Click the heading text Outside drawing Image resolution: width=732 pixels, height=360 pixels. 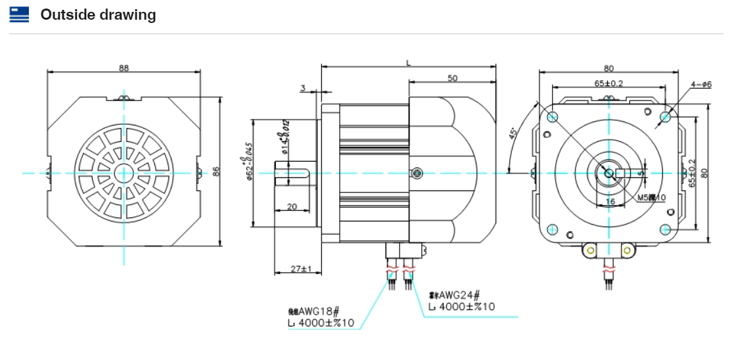(x=98, y=14)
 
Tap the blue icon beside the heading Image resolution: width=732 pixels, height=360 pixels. (x=20, y=14)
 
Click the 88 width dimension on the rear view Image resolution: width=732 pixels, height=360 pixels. (x=124, y=67)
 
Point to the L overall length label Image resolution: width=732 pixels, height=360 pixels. (x=408, y=62)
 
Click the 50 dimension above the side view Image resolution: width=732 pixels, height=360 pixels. (x=452, y=78)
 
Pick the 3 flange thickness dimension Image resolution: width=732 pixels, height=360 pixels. (x=303, y=87)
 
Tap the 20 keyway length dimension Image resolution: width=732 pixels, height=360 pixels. (x=292, y=206)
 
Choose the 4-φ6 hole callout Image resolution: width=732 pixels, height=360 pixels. (x=701, y=84)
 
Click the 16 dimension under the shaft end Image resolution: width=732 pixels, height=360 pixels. (x=610, y=202)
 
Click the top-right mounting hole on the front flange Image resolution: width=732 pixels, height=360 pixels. (x=666, y=116)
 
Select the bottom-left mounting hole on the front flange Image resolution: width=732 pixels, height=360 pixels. (x=552, y=229)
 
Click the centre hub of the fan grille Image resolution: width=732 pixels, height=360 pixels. (x=123, y=173)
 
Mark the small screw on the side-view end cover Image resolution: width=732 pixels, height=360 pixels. (x=415, y=173)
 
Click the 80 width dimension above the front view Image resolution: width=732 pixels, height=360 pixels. (x=608, y=67)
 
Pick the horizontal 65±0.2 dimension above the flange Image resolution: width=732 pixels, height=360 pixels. (x=608, y=83)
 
